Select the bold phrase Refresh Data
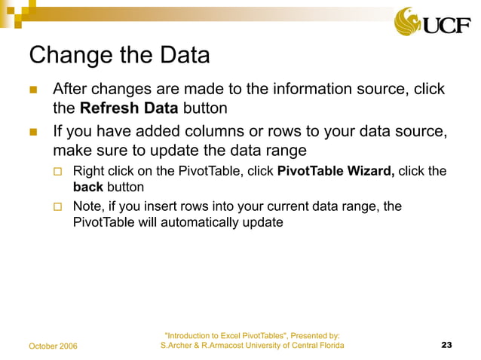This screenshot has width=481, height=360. click(x=124, y=108)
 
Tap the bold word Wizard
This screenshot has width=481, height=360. click(x=370, y=170)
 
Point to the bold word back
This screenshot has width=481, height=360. click(x=87, y=186)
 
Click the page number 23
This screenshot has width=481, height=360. click(x=446, y=345)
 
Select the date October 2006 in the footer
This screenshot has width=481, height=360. click(x=58, y=346)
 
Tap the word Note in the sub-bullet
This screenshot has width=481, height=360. click(x=87, y=206)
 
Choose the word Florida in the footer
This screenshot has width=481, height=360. click(x=329, y=345)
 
